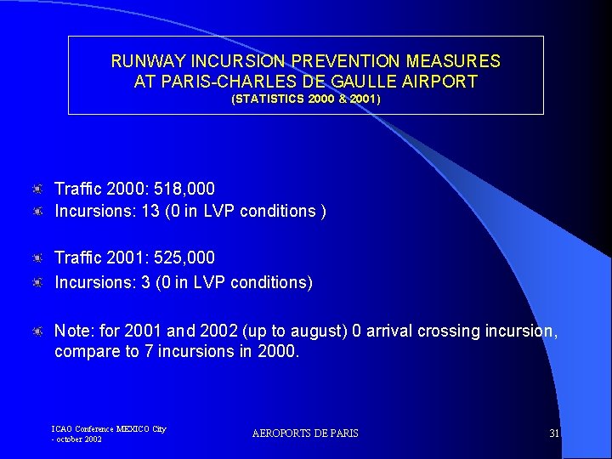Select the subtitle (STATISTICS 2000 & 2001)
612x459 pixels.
[x=306, y=99]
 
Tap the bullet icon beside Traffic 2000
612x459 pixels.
[x=38, y=189]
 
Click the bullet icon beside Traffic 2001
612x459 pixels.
[x=38, y=258]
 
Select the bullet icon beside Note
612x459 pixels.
[x=38, y=330]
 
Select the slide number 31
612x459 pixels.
[x=554, y=433]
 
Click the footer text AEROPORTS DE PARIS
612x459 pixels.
[x=305, y=433]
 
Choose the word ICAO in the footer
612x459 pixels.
[x=62, y=429]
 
